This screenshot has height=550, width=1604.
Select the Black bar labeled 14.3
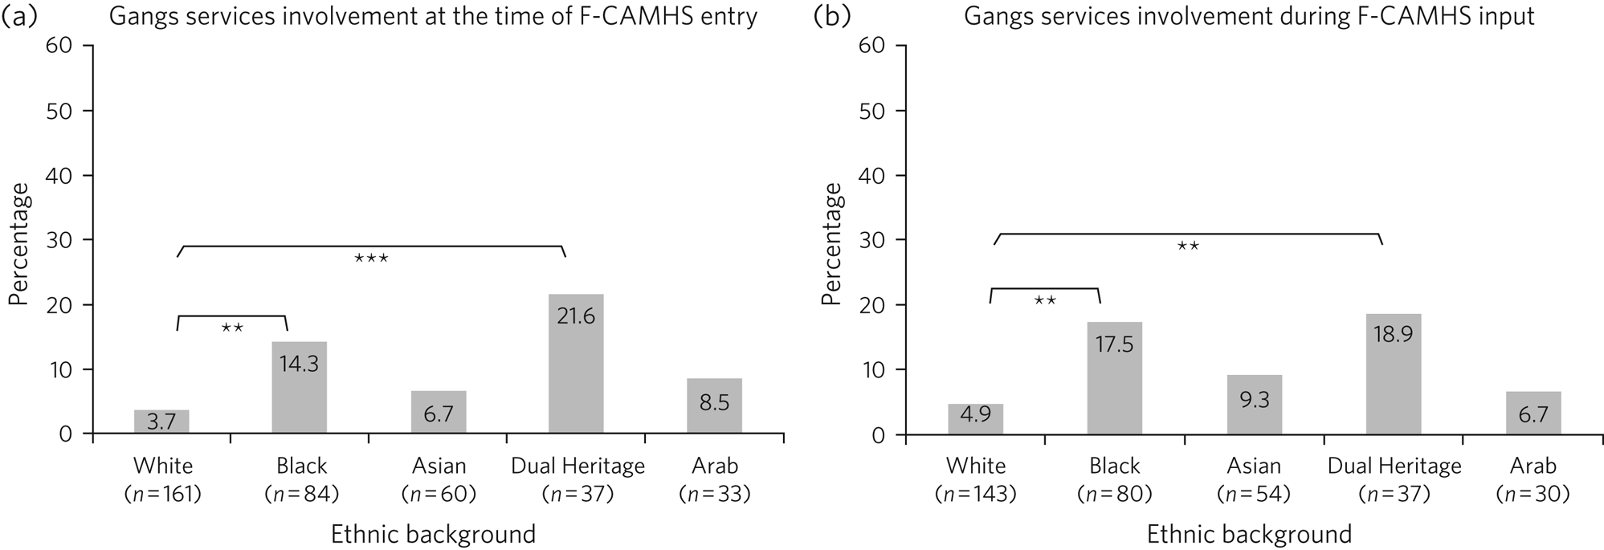[299, 388]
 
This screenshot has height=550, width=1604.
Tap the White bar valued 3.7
[161, 422]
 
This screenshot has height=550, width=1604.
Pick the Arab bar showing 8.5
[714, 405]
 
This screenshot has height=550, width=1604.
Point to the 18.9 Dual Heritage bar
[1393, 373]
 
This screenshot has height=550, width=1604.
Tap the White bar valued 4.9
[975, 418]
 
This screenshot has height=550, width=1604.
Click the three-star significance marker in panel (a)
[371, 259]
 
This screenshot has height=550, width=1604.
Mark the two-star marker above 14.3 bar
[232, 328]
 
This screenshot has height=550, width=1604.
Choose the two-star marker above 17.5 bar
[1045, 301]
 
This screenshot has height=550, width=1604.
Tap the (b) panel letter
[831, 16]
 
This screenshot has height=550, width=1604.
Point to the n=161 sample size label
[163, 494]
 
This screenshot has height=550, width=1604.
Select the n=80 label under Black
[1114, 494]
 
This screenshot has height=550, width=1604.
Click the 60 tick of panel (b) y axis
[872, 46]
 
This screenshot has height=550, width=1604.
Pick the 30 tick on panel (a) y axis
[59, 240]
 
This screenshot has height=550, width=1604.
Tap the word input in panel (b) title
[1503, 17]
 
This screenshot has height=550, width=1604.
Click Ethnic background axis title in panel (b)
[1248, 534]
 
